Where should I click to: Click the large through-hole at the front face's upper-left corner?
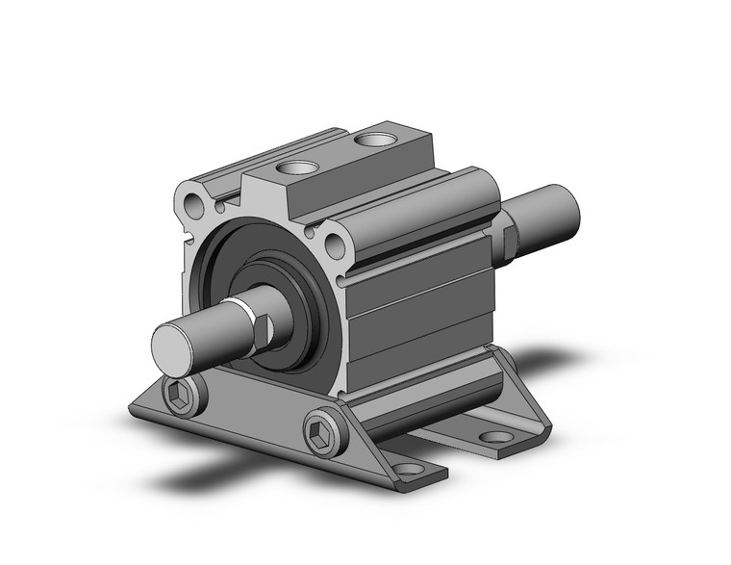click(195, 204)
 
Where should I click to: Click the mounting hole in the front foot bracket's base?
click(409, 470)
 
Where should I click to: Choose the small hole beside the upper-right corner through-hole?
click(310, 232)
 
